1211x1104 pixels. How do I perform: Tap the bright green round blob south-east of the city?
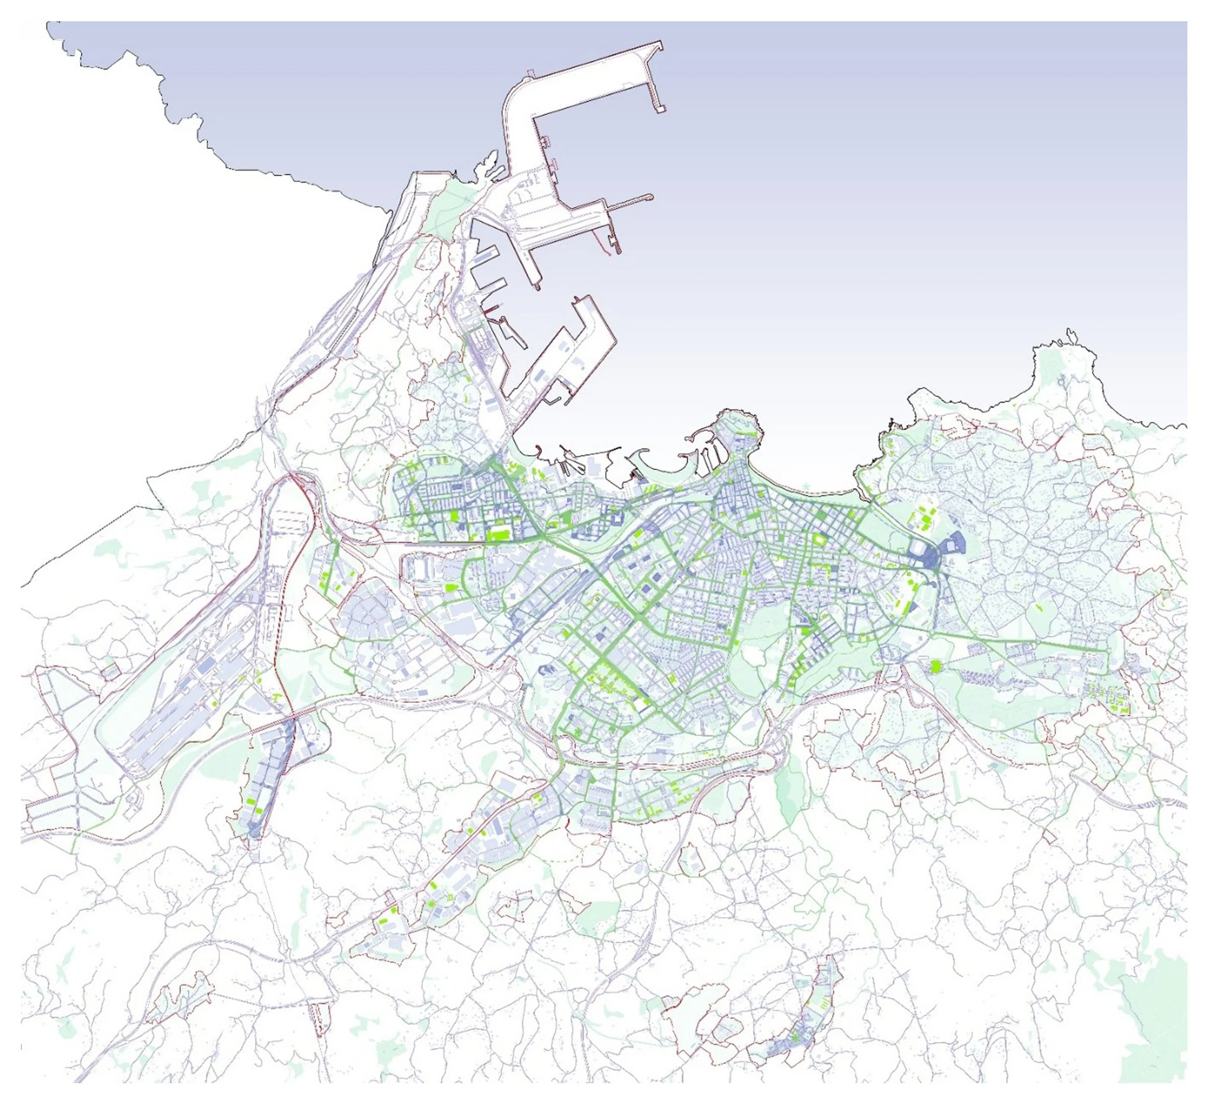935,666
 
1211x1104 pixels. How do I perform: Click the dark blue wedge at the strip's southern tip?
255,831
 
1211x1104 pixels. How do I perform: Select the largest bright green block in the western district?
496,534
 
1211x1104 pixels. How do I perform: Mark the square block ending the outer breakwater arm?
661,109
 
